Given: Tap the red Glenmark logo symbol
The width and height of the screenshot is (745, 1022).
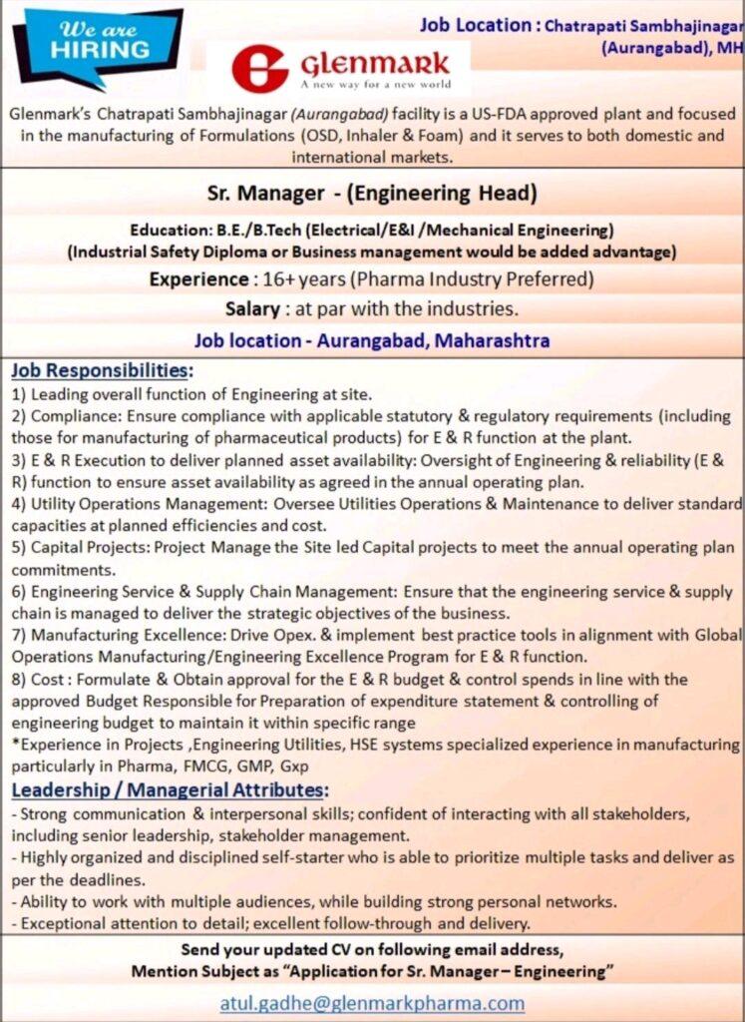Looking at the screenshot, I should coord(260,68).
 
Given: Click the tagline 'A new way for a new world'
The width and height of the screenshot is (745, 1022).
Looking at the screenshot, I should coord(375,85).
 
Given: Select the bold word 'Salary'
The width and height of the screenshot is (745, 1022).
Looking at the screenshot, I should coord(256,308).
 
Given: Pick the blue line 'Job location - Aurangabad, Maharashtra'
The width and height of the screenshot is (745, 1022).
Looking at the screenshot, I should coord(372,340).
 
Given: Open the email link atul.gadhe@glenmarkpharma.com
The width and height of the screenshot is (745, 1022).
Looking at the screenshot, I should coord(372,1003).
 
